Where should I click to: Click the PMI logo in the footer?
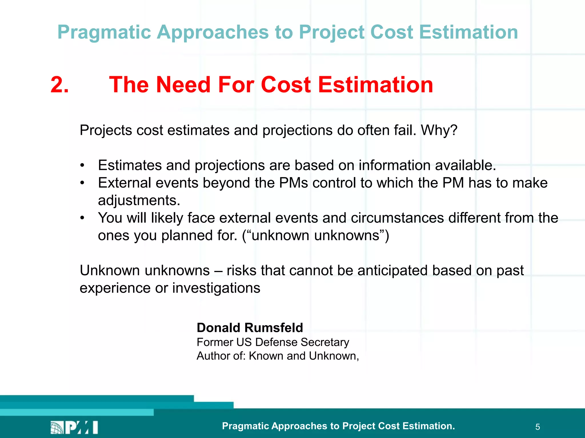click(x=74, y=427)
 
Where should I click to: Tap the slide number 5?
click(x=538, y=427)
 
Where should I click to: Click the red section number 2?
click(x=59, y=85)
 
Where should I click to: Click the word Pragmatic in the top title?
click(x=104, y=32)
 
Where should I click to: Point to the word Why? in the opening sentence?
click(x=439, y=130)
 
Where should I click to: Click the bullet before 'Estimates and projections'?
click(x=82, y=166)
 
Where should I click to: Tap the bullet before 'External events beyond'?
click(x=82, y=183)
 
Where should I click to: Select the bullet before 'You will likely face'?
click(x=82, y=218)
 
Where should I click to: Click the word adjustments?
click(x=139, y=200)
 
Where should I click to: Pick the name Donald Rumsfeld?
click(x=250, y=328)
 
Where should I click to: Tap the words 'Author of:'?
click(x=221, y=356)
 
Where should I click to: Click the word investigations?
click(x=216, y=288)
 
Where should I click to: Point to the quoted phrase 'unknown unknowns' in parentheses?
click(x=315, y=236)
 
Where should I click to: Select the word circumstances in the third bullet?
click(x=397, y=218)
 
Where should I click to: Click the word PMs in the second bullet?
click(x=293, y=183)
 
